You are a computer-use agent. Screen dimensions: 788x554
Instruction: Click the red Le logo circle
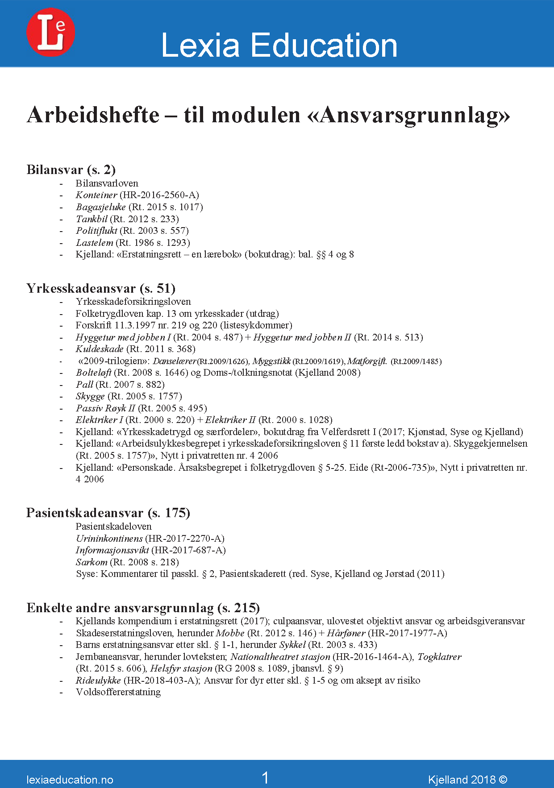50,33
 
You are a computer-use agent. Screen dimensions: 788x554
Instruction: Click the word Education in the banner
324,46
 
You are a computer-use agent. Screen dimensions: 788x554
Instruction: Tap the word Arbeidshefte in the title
93,115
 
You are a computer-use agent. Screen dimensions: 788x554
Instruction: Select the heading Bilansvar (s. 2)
71,170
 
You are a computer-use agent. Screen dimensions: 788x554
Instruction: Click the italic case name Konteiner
96,195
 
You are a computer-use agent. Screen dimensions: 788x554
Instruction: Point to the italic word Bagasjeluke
101,207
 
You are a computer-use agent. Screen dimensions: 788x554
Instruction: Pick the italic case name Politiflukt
96,231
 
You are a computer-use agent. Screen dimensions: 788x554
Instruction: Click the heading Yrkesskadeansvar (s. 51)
101,288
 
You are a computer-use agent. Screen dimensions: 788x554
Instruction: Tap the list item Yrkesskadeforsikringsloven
133,302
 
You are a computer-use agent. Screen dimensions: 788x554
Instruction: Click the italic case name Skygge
90,396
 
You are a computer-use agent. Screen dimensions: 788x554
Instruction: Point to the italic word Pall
84,385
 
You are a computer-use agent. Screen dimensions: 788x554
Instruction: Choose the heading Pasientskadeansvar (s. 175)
108,513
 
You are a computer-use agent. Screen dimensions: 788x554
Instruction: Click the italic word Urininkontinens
109,539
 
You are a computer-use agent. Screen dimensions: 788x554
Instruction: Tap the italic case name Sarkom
92,562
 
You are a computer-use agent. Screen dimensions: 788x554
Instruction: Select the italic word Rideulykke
98,680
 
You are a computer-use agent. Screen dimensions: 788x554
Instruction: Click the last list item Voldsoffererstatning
118,692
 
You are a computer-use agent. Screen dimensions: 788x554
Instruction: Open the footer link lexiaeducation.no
70,780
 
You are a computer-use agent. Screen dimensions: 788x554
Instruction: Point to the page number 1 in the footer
265,778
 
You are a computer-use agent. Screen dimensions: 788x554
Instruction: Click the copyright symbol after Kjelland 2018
503,780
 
